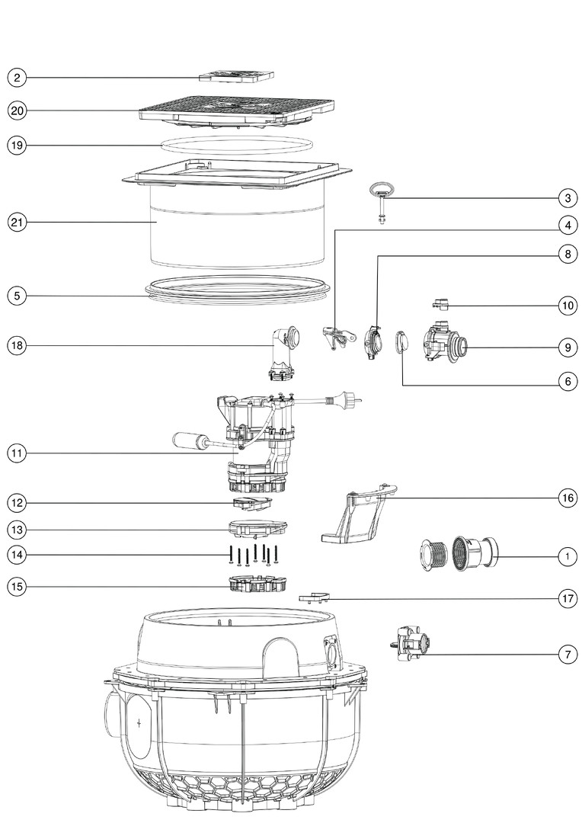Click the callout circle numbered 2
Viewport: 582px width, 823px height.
[x=17, y=78]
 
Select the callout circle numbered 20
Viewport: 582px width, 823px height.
[x=17, y=110]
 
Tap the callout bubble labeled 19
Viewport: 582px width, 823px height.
[x=17, y=145]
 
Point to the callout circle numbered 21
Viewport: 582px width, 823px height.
[x=17, y=222]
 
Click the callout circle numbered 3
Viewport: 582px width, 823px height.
[x=568, y=198]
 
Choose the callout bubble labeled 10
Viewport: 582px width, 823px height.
[x=568, y=306]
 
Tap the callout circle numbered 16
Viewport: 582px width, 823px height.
[x=568, y=498]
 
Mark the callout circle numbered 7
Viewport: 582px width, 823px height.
[x=568, y=655]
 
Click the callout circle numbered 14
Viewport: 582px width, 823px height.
[x=17, y=555]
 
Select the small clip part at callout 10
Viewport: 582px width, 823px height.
[x=441, y=303]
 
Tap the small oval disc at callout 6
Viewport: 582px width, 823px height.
[x=402, y=342]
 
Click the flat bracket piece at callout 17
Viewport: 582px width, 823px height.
[x=315, y=597]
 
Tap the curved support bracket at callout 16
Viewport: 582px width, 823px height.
[x=360, y=514]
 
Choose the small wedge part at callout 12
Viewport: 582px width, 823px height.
[x=253, y=503]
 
